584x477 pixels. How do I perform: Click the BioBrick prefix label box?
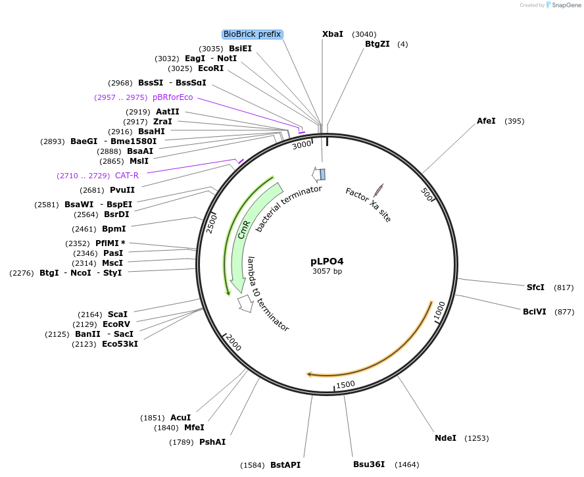253,34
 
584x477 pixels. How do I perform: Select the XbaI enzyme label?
332,34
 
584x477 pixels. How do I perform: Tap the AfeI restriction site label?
486,121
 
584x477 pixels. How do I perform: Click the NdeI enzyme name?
445,438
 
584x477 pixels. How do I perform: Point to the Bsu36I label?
369,464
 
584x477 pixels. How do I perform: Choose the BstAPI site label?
285,464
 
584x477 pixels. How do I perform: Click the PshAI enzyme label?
212,442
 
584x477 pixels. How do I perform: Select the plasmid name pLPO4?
327,261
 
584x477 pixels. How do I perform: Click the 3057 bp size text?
327,271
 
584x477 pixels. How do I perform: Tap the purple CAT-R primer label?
127,176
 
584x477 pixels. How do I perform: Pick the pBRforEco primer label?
173,97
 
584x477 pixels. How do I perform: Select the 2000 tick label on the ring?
233,342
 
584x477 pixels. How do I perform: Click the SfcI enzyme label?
535,288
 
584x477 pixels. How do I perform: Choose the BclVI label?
535,312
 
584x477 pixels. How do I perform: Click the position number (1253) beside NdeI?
476,438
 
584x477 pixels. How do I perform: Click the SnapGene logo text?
566,5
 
